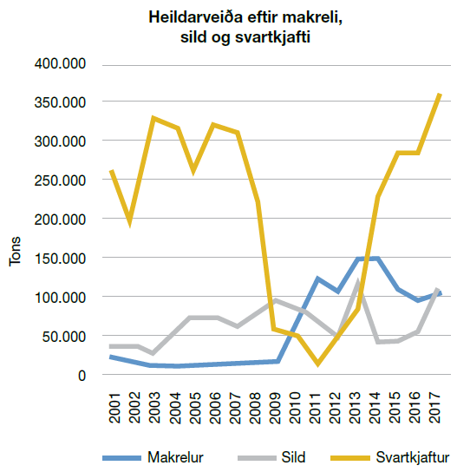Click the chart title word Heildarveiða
pos(196,16)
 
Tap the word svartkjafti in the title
pos(272,37)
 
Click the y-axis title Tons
pos(15,252)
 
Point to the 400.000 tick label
pos(60,64)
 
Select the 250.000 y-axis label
pos(60,180)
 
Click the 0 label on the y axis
pos(82,376)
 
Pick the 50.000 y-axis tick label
pos(64,337)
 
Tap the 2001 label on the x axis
pos(114,408)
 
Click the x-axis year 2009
pos(275,408)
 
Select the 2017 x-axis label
pos(435,408)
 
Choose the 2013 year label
pos(355,408)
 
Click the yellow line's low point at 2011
pos(317,364)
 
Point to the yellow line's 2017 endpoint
pos(440,95)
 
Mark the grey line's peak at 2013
pos(358,282)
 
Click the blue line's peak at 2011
pos(317,278)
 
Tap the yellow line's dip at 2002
pos(130,223)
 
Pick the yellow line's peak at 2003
pos(153,118)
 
